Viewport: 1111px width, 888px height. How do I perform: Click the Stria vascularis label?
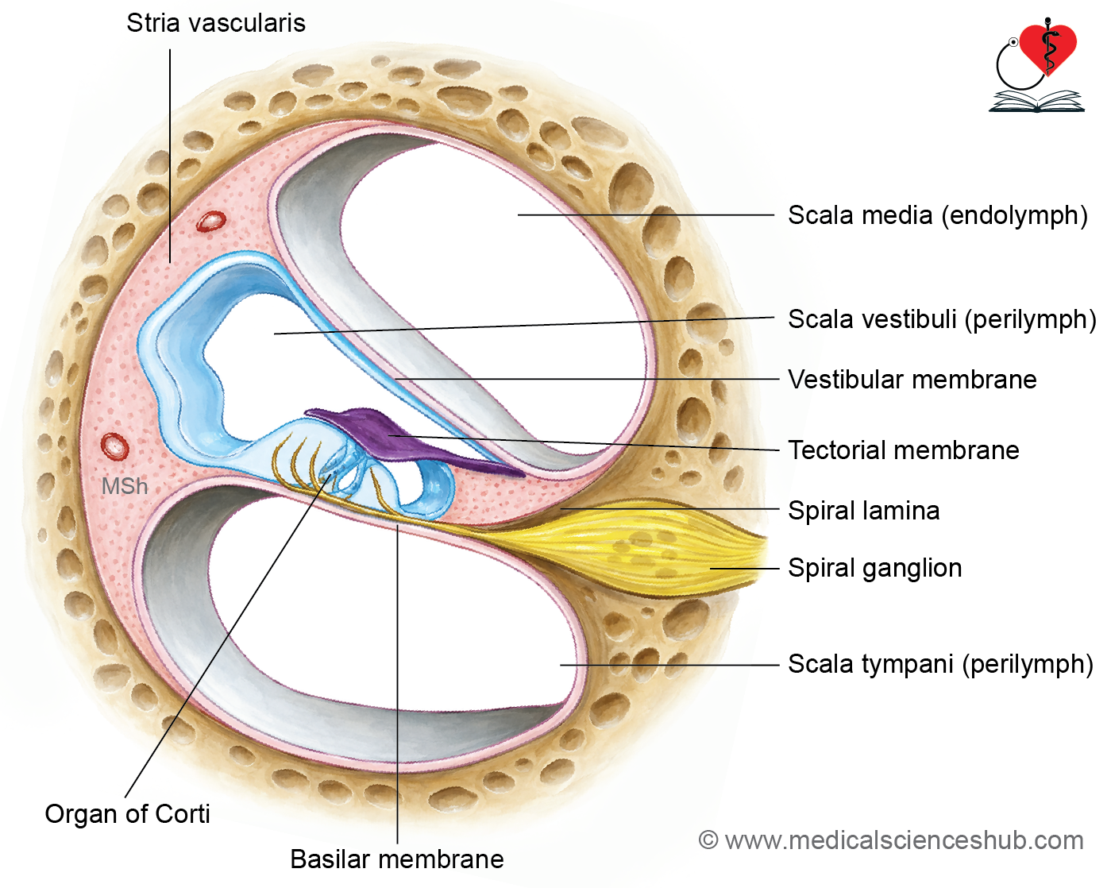[x=216, y=23]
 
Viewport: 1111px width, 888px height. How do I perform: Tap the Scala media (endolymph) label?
[x=938, y=215]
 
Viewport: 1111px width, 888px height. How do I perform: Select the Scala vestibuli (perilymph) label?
[x=942, y=319]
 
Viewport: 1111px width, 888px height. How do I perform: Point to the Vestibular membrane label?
[x=912, y=380]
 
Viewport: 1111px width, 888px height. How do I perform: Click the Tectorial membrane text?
[x=904, y=450]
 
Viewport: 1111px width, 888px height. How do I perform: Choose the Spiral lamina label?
[x=864, y=511]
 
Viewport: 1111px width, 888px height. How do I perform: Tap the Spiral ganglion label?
[x=875, y=568]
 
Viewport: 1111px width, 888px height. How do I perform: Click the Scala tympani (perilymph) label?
[x=940, y=664]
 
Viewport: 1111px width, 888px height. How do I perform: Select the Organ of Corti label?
[x=128, y=814]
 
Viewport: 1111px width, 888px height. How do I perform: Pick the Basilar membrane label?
[x=397, y=859]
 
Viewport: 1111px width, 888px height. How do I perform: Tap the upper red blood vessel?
[x=211, y=222]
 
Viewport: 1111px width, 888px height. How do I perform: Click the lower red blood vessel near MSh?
[x=114, y=446]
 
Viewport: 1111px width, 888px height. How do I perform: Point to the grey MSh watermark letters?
[x=125, y=486]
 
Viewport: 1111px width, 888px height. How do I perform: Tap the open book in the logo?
[x=1036, y=101]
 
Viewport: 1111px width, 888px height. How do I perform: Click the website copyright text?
[x=890, y=840]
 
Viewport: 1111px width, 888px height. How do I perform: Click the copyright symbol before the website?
[x=708, y=840]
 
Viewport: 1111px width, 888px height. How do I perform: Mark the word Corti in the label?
[x=182, y=814]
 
